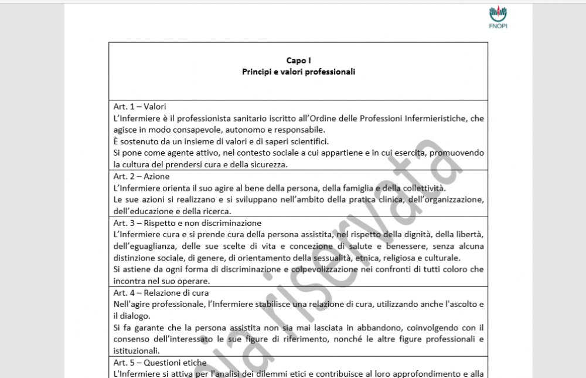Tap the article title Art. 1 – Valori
point(140,107)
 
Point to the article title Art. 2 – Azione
point(141,176)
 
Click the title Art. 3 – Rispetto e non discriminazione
point(188,223)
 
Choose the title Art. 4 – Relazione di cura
point(161,292)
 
